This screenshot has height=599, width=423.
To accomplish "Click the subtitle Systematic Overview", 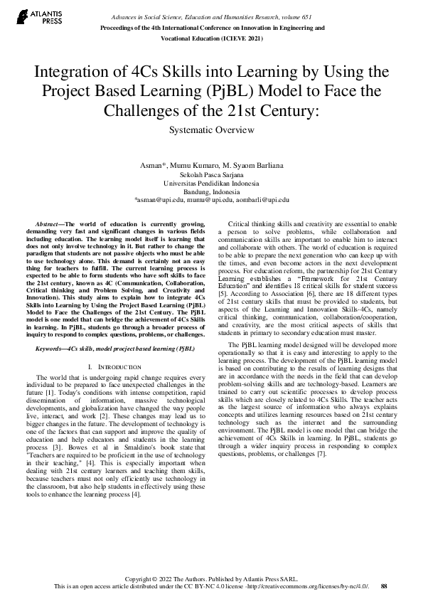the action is [x=211, y=130].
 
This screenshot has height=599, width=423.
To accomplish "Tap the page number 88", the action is [x=384, y=586].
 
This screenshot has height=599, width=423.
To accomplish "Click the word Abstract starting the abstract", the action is [x=49, y=224].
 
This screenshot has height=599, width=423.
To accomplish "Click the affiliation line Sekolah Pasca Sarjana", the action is [x=211, y=174].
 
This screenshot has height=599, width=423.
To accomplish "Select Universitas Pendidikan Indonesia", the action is [x=211, y=183].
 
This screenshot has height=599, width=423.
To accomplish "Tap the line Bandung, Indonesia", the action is [x=211, y=191].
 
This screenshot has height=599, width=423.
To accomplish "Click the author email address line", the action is [x=211, y=200].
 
